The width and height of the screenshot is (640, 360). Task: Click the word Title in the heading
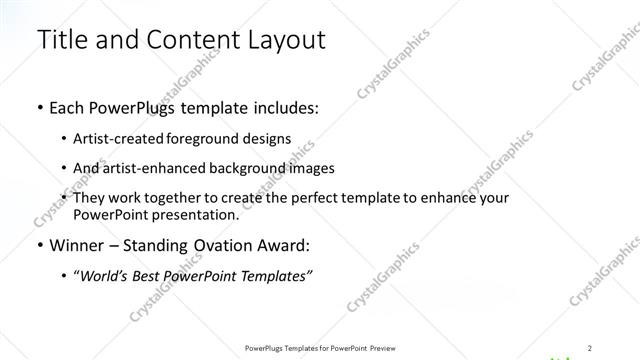61,40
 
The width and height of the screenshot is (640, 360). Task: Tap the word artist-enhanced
161,168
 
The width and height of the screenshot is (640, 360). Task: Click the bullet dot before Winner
39,246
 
